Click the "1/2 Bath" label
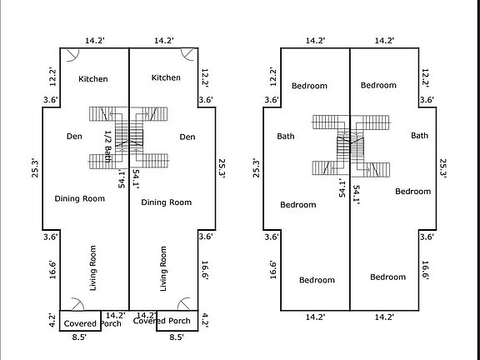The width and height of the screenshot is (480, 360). [x=107, y=147]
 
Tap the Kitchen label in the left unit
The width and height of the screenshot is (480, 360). [x=93, y=79]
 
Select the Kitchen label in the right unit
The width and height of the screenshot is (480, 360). [x=166, y=77]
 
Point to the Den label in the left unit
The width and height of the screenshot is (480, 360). [x=74, y=136]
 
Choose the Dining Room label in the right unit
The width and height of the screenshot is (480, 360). [x=166, y=202]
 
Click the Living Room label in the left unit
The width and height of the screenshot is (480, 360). [x=93, y=267]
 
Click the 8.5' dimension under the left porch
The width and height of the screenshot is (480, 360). [x=79, y=337]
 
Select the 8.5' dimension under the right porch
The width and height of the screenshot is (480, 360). [x=177, y=337]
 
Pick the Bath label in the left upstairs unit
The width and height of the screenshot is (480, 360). [x=286, y=136]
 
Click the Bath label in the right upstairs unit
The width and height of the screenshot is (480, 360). [x=419, y=135]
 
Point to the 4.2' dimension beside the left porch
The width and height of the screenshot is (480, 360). [x=52, y=321]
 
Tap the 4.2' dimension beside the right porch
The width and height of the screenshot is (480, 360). [x=205, y=321]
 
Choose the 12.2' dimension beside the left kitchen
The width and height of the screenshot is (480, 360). [x=52, y=77]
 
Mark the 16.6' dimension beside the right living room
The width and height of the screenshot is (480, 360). [x=205, y=270]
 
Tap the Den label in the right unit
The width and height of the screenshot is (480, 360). [x=187, y=137]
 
